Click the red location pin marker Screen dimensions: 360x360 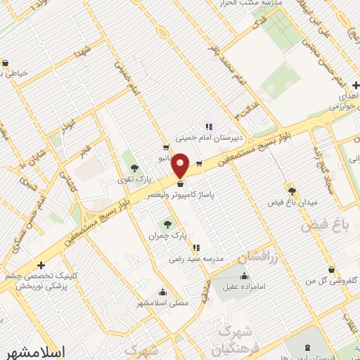pos(181,165)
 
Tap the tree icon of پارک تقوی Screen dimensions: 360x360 pos(134,168)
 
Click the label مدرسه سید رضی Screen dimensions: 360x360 pos(195,259)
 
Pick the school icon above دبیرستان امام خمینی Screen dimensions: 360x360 pos(209,127)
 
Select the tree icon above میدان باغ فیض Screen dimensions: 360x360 pos(292,190)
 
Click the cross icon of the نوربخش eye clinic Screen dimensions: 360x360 pos(41,265)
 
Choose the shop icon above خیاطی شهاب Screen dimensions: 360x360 pos(5,63)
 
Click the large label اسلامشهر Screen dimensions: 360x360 pos(34,350)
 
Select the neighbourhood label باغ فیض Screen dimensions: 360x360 pos(324,226)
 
